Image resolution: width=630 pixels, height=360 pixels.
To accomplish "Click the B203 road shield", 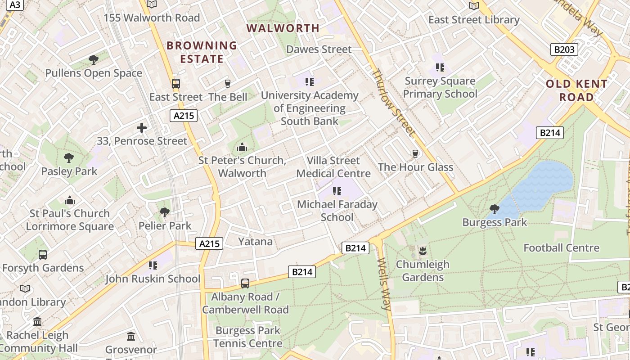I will (564, 49).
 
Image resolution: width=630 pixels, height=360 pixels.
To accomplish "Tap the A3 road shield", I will (15, 4).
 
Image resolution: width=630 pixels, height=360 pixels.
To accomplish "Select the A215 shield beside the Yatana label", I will (210, 244).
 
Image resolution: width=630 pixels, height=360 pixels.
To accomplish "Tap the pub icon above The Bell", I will (228, 84).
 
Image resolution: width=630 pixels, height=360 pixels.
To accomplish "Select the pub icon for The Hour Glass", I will (415, 154).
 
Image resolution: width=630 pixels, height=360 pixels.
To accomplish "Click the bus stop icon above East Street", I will (176, 84).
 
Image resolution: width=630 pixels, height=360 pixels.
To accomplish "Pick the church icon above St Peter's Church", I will (242, 147).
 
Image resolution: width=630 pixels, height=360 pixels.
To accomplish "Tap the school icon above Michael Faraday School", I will (337, 191).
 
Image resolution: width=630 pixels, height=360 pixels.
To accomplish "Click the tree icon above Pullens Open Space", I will (94, 60).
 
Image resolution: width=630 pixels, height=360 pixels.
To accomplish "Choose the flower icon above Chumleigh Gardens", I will (422, 251).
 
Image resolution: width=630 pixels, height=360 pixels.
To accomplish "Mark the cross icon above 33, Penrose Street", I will (142, 128).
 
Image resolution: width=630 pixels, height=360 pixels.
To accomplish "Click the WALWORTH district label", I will (283, 28).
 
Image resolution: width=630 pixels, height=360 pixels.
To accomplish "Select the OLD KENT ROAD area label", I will (576, 90).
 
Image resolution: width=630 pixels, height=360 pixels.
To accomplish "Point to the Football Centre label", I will (561, 248).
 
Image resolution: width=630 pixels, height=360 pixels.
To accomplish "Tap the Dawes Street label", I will (319, 49).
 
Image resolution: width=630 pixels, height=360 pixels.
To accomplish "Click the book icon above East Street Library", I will (474, 6).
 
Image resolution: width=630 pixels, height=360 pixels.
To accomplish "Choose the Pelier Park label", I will (165, 226).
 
